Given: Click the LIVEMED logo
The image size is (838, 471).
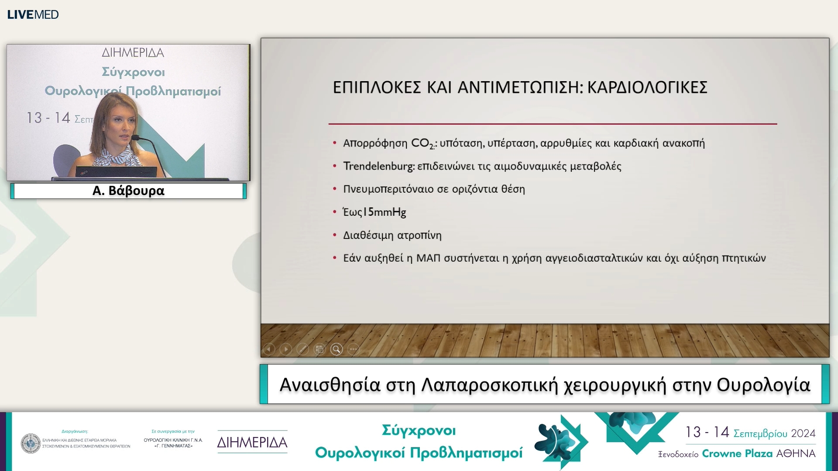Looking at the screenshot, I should pos(33,14).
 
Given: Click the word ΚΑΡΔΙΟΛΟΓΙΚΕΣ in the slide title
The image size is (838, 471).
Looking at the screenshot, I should pos(647,88).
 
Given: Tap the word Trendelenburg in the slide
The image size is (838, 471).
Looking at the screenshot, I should pos(378,166).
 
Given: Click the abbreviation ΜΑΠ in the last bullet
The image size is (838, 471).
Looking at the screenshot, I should pos(428,258).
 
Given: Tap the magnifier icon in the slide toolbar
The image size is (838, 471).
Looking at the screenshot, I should pos(336,349).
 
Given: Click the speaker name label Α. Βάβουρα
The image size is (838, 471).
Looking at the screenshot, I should pos(128,191).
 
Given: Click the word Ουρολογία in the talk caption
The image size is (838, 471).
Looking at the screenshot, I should pos(763,385).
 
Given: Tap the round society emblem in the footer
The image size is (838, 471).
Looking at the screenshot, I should pos(31,443).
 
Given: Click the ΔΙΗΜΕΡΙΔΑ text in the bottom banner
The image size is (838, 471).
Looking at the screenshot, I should pos(252,442).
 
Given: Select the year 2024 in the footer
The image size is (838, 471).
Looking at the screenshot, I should pos(803,433).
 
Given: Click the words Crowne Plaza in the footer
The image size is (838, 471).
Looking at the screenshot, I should pos(736,454).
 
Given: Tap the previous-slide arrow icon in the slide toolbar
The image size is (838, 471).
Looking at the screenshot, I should pos(269,349).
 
